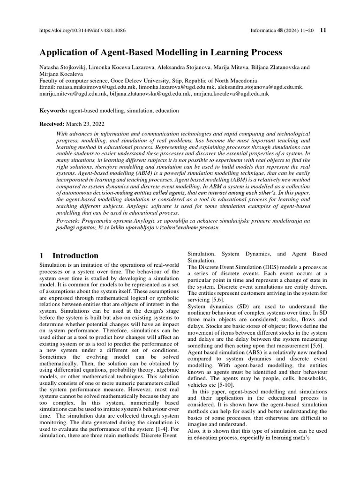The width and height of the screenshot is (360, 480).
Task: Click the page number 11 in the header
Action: pos(323,31)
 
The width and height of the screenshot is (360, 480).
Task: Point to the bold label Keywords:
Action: pos(53,111)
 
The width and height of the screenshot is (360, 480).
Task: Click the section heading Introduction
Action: pos(75,256)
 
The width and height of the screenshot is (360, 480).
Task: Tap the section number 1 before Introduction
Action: pos(42,256)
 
